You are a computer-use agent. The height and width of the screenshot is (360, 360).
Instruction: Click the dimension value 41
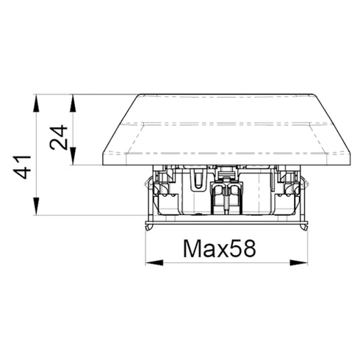(22, 167)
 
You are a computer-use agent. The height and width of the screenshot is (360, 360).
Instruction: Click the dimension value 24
(58, 137)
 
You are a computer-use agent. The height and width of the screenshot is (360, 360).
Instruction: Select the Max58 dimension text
(220, 249)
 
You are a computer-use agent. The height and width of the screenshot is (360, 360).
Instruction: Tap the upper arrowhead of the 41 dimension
(36, 104)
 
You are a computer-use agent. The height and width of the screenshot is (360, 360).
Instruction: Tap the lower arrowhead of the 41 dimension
(36, 206)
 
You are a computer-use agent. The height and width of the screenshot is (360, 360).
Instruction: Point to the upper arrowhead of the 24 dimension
(73, 104)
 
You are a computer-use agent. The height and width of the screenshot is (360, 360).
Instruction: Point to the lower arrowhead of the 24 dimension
(73, 156)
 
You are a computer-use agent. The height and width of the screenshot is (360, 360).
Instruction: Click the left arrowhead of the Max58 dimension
(154, 263)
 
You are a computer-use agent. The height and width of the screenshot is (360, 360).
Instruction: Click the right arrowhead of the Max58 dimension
(298, 263)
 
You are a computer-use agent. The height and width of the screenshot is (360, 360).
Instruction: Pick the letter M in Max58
(192, 249)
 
